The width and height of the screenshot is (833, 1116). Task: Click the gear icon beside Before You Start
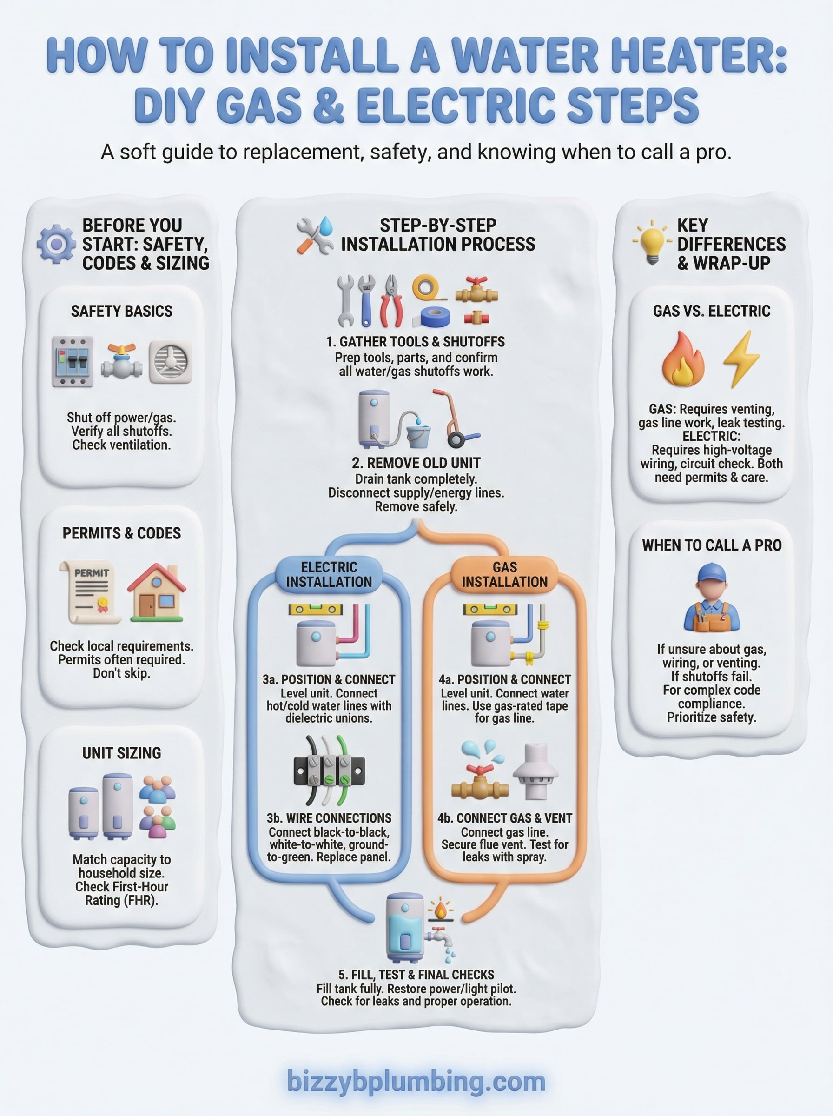56,244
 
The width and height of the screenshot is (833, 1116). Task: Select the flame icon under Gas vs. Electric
683,359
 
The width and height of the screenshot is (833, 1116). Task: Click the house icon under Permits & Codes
157,593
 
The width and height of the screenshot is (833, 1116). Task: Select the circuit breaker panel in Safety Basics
73,362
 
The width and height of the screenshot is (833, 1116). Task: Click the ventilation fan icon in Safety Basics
171,362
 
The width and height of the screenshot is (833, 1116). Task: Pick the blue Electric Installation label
329,574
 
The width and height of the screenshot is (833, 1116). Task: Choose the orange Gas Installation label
504,574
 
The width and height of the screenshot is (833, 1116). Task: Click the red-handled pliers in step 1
391,301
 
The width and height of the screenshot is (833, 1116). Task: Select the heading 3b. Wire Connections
329,818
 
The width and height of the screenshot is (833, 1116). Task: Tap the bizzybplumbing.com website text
416,1081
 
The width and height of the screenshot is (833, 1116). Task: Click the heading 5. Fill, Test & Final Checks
416,974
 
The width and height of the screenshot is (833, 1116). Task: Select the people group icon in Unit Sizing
157,807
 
